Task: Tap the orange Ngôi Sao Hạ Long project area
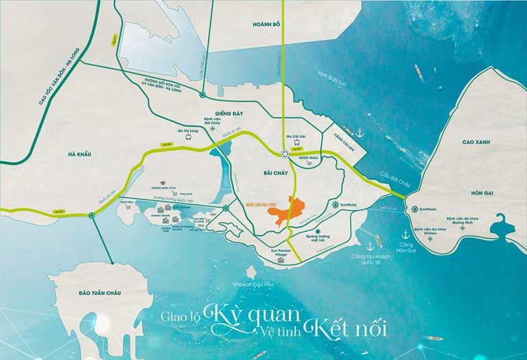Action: (x=288, y=213)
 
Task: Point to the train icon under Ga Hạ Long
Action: (x=187, y=136)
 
